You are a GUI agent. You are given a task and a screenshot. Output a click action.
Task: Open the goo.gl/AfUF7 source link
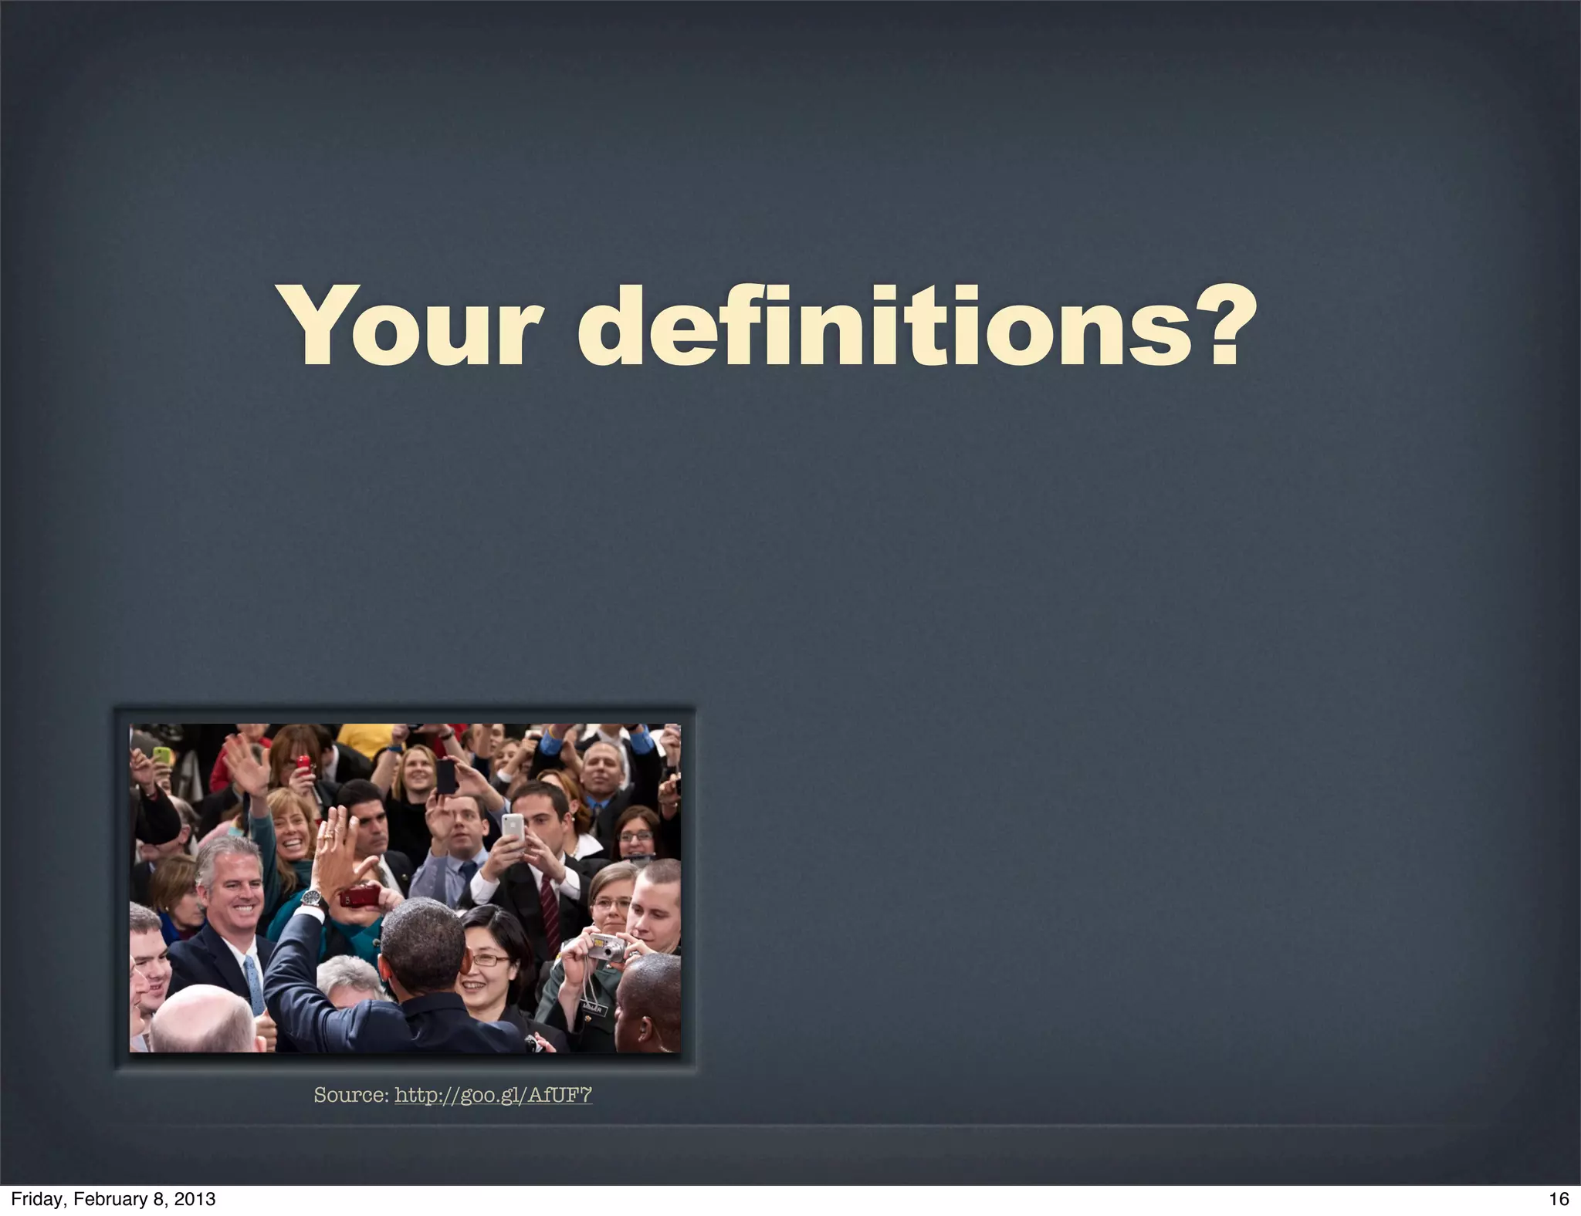click(493, 1095)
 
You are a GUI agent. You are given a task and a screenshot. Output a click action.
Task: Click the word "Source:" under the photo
click(351, 1095)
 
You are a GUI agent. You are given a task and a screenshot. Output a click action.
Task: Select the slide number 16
click(1559, 1199)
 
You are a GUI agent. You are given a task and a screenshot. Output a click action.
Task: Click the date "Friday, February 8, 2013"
click(113, 1199)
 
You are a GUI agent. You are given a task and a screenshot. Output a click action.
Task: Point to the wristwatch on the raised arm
click(311, 897)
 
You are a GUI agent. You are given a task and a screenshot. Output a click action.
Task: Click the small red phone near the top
click(303, 765)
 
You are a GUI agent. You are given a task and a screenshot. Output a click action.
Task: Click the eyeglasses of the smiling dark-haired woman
click(490, 961)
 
